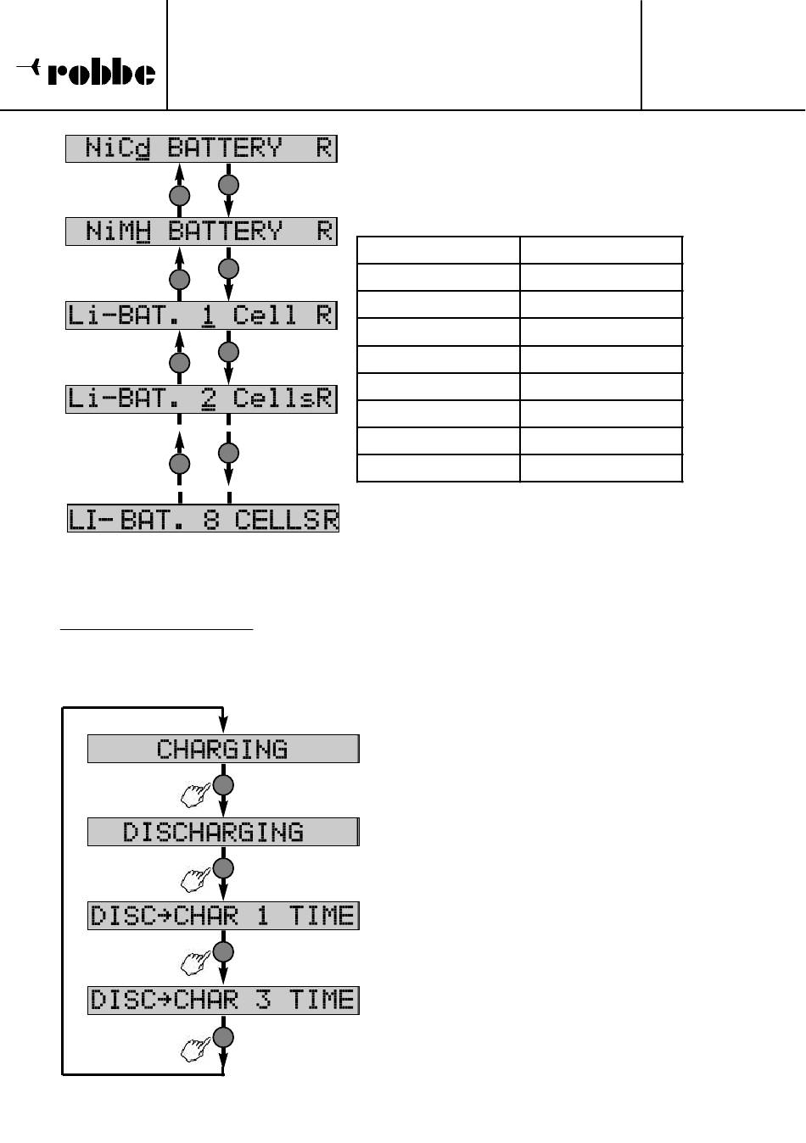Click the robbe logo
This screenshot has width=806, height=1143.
click(87, 72)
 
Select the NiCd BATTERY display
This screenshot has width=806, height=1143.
click(202, 149)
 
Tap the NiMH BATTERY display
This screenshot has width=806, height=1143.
click(202, 231)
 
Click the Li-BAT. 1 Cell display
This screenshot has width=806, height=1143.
click(202, 315)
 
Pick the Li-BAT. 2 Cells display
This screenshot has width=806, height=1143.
click(202, 399)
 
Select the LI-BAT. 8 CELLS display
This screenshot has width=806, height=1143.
click(204, 519)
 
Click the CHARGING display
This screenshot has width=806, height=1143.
click(223, 750)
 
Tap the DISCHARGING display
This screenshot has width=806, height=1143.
click(223, 832)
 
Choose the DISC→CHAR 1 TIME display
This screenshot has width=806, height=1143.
click(223, 916)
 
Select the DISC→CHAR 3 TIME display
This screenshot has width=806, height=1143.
click(223, 1000)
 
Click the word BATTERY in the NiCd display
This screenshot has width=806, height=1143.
click(225, 149)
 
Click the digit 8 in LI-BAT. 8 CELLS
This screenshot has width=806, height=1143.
click(211, 519)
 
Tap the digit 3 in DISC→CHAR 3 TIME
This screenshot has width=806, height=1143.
click(264, 1000)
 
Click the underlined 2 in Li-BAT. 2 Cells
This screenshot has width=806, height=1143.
click(208, 399)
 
